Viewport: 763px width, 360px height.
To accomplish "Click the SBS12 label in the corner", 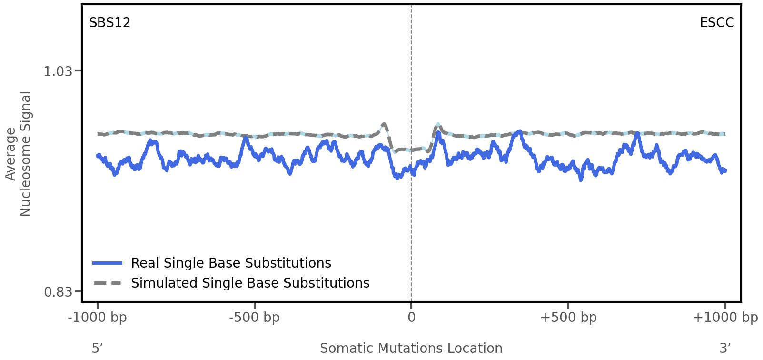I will [109, 23].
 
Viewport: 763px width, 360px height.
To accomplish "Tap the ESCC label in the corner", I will [716, 23].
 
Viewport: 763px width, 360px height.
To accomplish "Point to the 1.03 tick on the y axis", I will [58, 71].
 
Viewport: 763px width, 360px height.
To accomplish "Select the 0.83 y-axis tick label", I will [58, 291].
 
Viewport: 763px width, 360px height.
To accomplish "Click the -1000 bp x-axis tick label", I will [98, 318].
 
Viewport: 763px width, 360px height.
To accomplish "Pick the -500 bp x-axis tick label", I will [254, 318].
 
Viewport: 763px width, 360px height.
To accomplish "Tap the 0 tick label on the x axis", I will [411, 318].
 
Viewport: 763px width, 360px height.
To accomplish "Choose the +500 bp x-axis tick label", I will [568, 318].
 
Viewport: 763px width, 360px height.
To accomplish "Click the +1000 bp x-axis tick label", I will [725, 318].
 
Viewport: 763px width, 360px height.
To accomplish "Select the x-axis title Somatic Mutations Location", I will [411, 349].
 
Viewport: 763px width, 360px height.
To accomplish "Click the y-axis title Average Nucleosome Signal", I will [18, 153].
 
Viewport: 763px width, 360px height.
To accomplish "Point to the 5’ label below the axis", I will [97, 349].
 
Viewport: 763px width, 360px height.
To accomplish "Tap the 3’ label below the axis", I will [725, 349].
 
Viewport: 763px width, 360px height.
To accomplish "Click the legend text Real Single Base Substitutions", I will [231, 263].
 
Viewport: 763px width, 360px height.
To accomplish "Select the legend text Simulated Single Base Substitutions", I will [250, 283].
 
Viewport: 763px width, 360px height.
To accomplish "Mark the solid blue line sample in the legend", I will [108, 263].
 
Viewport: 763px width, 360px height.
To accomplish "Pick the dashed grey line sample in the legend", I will [108, 283].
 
